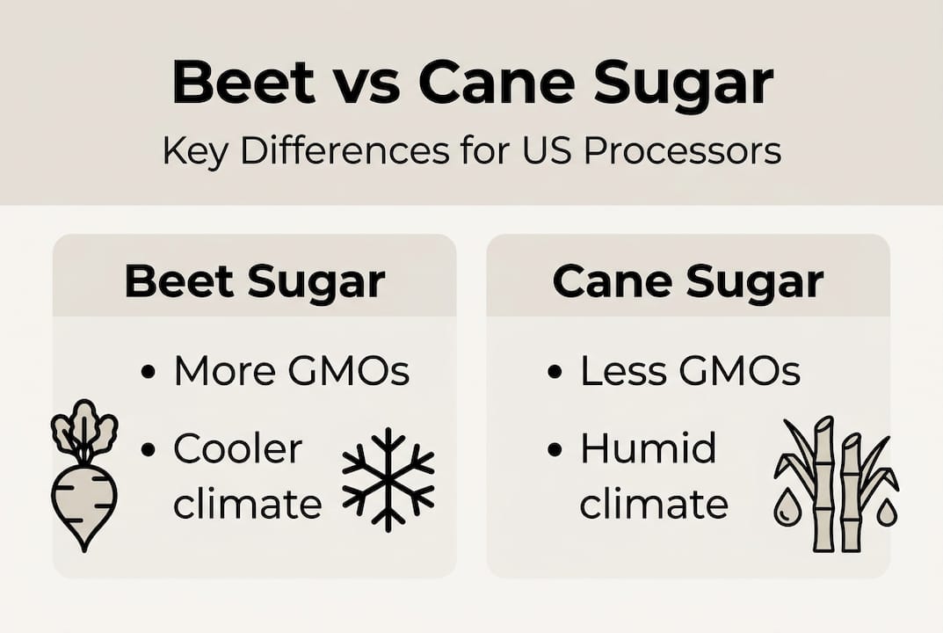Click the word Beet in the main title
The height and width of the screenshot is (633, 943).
pos(243,83)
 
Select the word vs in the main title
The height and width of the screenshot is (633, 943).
pos(366,83)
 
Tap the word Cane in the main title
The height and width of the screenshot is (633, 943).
pos(497,83)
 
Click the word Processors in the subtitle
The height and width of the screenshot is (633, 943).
pos(682,150)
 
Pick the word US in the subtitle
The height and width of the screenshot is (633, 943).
pos(546,150)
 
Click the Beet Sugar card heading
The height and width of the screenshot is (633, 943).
pos(254,281)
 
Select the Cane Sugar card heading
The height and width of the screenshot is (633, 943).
pos(687,281)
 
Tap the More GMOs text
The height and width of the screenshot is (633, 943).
pos(292,372)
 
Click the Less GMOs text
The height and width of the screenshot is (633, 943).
pos(690,372)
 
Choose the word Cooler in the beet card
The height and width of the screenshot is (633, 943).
pos(237,449)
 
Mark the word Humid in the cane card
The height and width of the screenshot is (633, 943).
pos(649,449)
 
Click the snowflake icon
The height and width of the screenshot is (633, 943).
pos(388,480)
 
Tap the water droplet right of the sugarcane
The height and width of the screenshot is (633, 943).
pos(887,512)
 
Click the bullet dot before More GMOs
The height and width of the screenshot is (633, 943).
pos(148,373)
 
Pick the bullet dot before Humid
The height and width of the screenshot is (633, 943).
pos(554,450)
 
